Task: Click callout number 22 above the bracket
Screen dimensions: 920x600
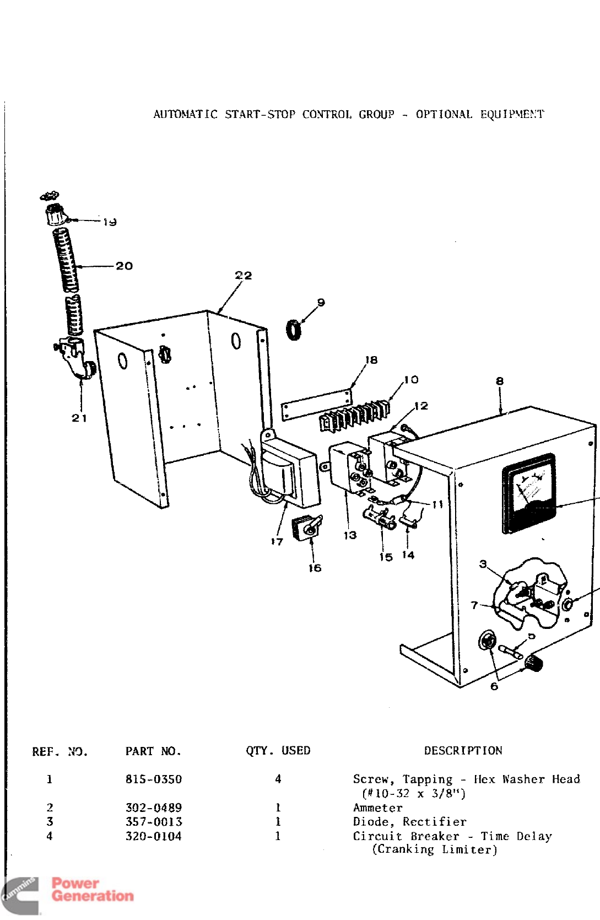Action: pyautogui.click(x=243, y=275)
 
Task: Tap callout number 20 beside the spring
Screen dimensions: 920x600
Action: pyautogui.click(x=124, y=266)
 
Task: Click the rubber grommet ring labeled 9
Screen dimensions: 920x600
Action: pyautogui.click(x=294, y=330)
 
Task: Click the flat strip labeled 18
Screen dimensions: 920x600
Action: pyautogui.click(x=316, y=404)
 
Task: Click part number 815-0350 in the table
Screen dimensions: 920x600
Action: pyautogui.click(x=153, y=779)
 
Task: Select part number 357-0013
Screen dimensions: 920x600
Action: pyautogui.click(x=153, y=821)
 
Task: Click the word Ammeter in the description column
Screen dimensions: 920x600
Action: pyautogui.click(x=377, y=808)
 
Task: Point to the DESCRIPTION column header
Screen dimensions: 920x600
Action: pyautogui.click(x=463, y=750)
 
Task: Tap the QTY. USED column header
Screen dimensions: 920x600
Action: pyautogui.click(x=278, y=750)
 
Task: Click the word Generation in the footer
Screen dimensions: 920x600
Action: pyautogui.click(x=93, y=896)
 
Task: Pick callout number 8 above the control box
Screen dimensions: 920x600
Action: pyautogui.click(x=499, y=381)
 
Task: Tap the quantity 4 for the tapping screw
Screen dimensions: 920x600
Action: pyautogui.click(x=278, y=779)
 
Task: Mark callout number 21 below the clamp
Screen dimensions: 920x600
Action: pyautogui.click(x=79, y=418)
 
